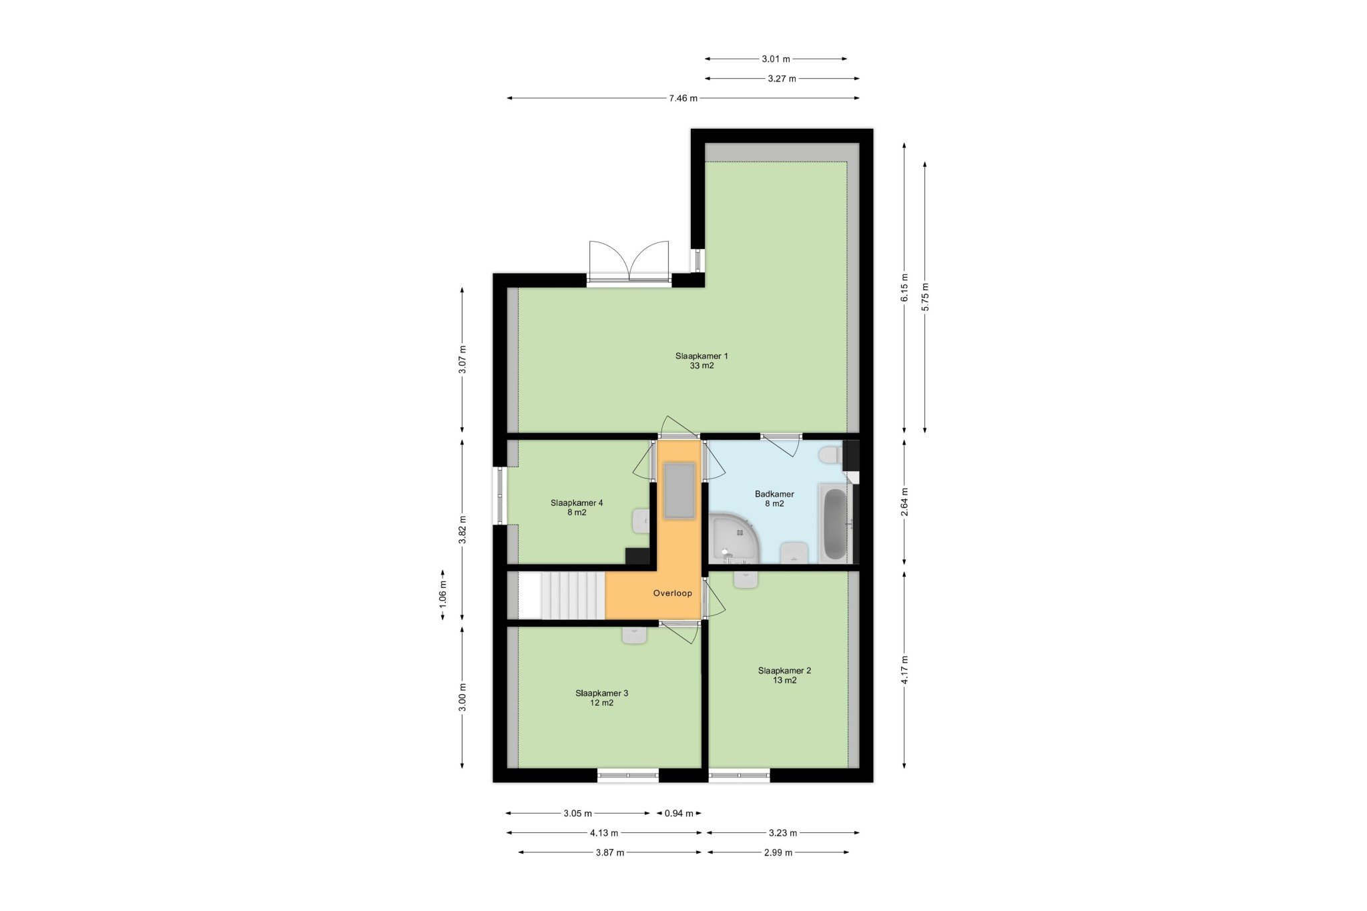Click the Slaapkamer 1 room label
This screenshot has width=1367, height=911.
point(702,360)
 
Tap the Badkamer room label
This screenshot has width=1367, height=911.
point(774,499)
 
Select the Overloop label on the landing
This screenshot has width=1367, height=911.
point(672,593)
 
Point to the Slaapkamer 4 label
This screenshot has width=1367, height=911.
point(577,507)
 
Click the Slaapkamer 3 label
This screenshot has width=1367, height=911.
point(601,697)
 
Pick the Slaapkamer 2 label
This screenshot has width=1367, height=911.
point(784,675)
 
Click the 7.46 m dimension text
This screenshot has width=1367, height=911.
point(683,98)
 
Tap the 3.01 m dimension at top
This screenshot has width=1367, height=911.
point(776,59)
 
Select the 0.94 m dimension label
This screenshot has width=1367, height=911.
point(679,813)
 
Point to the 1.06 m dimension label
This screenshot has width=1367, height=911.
point(443,595)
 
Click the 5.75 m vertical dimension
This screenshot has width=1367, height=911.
point(924,297)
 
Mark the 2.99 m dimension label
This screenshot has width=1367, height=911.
point(778,852)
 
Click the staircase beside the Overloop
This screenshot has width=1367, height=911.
point(561,595)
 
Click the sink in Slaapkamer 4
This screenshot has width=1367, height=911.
point(641,521)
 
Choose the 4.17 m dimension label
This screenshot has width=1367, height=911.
point(904,669)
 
